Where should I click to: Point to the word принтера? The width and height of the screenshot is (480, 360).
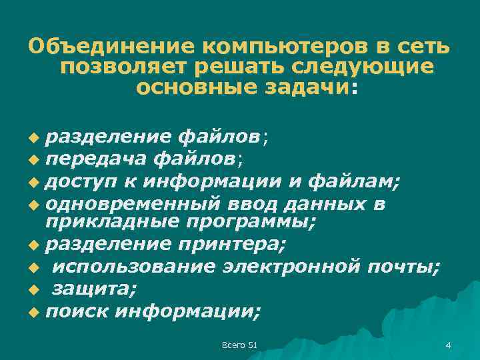click(x=236, y=245)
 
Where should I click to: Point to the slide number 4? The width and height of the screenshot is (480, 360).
click(x=448, y=345)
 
